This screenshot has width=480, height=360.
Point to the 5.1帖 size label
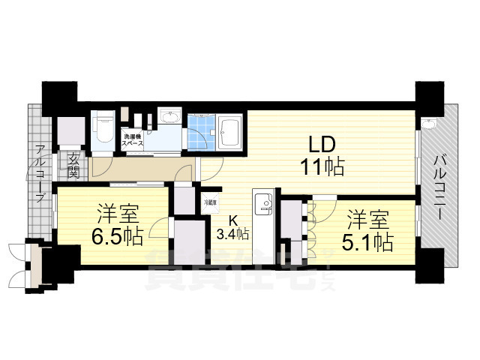pos(371,241)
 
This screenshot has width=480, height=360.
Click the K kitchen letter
pos(233,220)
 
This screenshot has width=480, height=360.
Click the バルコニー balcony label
pos(441,184)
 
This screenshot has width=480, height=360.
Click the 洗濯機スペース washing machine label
pos(133,139)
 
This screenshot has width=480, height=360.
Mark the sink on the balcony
pos(429,124)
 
